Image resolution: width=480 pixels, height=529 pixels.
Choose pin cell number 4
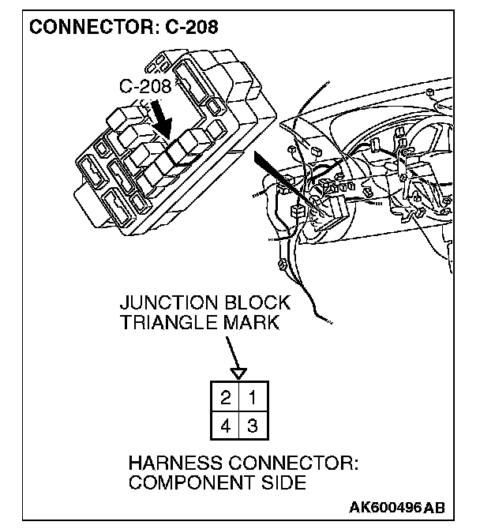(x=225, y=426)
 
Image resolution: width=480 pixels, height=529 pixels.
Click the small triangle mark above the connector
(x=239, y=372)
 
